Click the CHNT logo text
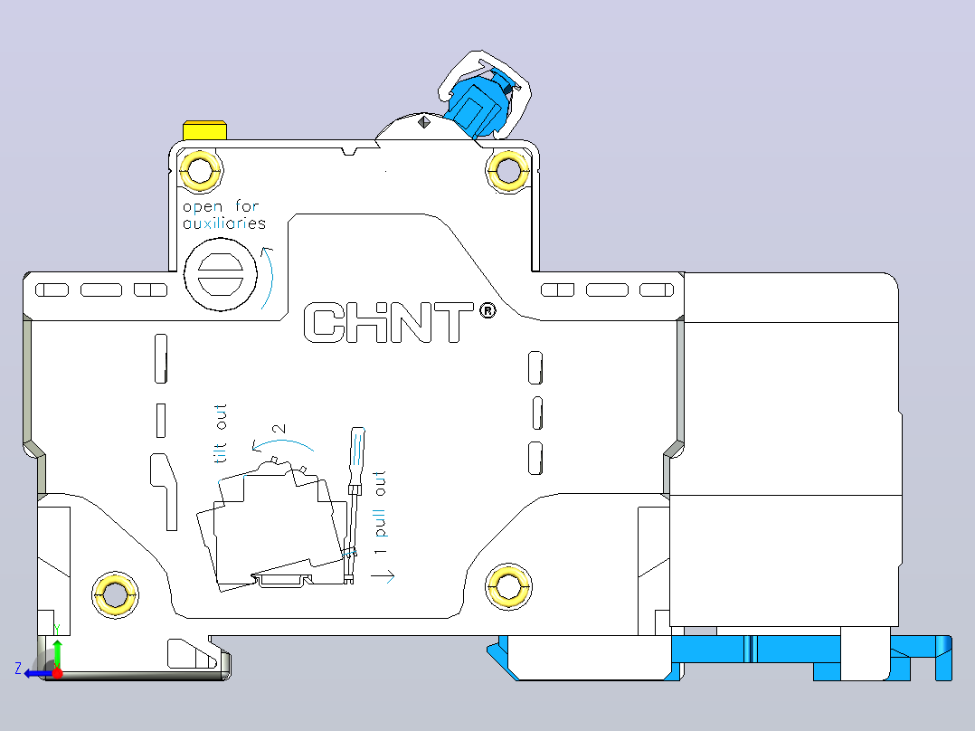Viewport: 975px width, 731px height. point(389,322)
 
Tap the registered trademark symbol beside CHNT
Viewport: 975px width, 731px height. point(488,309)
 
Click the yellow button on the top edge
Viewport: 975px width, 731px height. point(204,130)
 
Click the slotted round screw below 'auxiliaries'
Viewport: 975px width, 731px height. point(221,274)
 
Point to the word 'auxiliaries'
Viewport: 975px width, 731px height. point(224,223)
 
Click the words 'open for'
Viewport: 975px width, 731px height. point(221,206)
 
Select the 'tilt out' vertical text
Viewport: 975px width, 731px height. point(221,433)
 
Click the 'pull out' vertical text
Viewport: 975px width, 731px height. point(379,505)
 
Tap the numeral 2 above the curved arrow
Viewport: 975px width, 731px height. point(279,429)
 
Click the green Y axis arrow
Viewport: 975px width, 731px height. point(57,653)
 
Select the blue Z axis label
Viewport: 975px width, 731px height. point(19,669)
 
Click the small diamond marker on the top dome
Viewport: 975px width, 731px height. point(424,121)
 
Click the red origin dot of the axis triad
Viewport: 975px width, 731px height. point(57,673)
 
